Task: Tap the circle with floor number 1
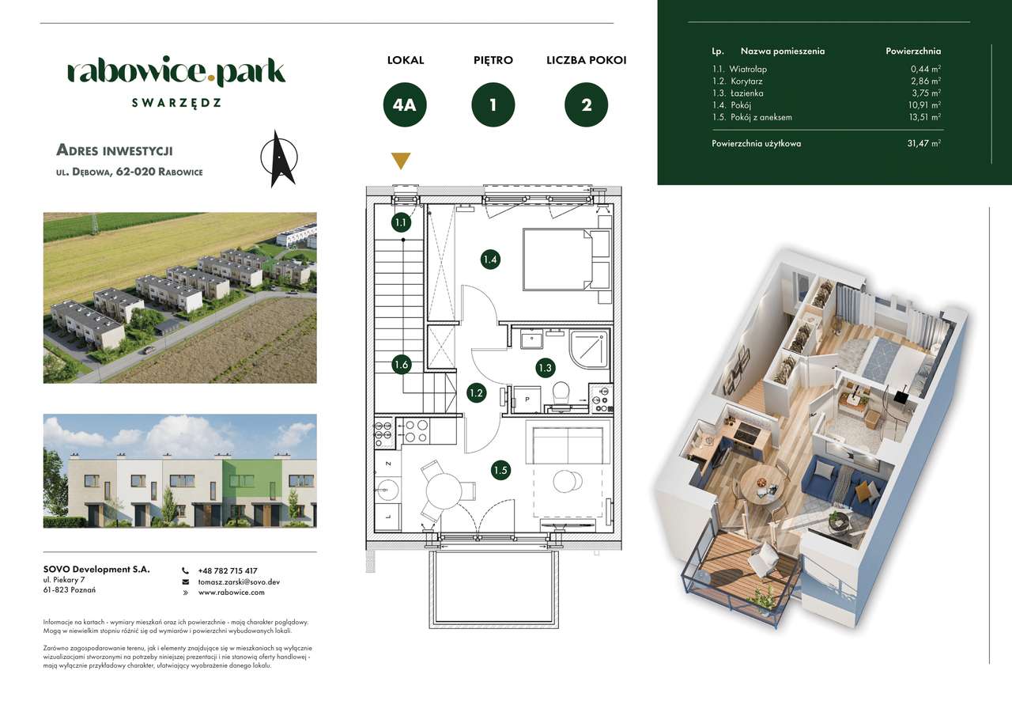click(x=493, y=105)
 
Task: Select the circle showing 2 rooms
click(x=587, y=105)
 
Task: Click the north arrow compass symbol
click(x=278, y=158)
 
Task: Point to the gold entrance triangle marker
click(x=402, y=161)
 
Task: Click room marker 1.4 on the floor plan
click(x=490, y=259)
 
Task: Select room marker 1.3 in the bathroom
click(x=545, y=367)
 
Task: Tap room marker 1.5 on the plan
click(x=500, y=471)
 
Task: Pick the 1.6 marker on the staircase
click(x=401, y=365)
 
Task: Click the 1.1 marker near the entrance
click(x=401, y=222)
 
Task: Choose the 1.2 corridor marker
click(x=476, y=392)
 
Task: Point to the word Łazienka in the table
click(x=746, y=93)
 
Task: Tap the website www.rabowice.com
click(x=231, y=592)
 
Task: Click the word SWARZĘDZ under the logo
click(x=176, y=103)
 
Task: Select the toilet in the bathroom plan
click(x=561, y=393)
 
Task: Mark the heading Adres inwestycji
click(x=115, y=150)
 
